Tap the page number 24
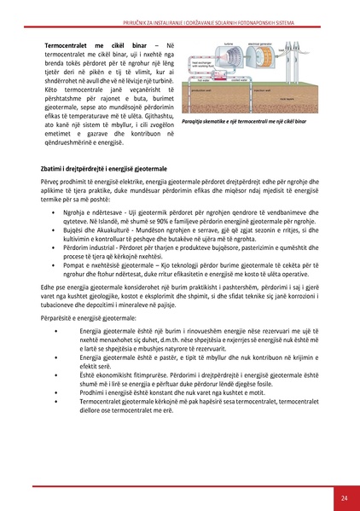click(344, 497)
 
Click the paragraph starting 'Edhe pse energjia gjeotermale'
click(179, 316)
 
